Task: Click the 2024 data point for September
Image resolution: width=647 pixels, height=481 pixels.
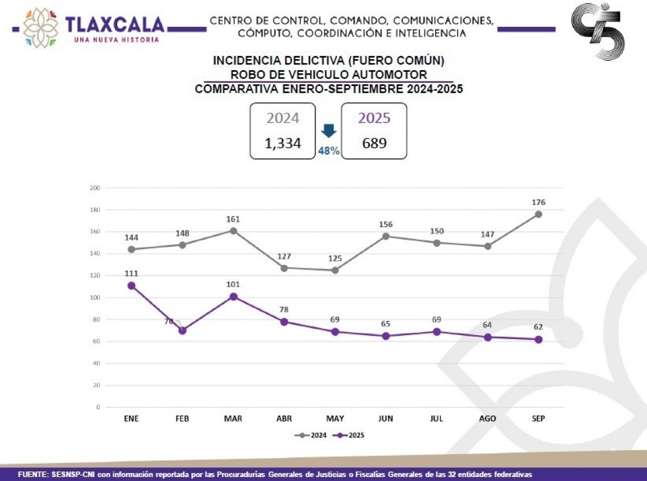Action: tap(538, 214)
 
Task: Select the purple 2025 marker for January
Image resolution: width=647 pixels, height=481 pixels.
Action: tap(131, 286)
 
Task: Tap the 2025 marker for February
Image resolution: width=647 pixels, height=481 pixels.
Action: tap(182, 331)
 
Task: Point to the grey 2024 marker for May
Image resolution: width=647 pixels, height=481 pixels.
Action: tap(335, 270)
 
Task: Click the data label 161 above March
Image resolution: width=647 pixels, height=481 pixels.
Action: tap(233, 219)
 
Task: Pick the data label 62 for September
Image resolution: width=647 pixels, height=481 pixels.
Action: tap(538, 327)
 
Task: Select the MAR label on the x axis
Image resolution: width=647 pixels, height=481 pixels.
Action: tap(233, 418)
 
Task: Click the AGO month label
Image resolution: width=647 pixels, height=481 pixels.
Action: tap(488, 418)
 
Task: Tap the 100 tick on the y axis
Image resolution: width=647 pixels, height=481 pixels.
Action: tap(95, 297)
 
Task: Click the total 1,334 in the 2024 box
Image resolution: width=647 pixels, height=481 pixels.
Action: tap(283, 142)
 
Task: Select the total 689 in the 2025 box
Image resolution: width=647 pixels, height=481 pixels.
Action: tap(374, 142)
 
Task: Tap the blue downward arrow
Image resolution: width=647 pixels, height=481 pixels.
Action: tap(328, 131)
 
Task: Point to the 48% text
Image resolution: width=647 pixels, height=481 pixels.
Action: tap(328, 151)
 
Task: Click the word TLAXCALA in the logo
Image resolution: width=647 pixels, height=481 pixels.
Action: tap(115, 25)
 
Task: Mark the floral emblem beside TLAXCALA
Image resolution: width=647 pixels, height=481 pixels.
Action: tap(40, 27)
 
